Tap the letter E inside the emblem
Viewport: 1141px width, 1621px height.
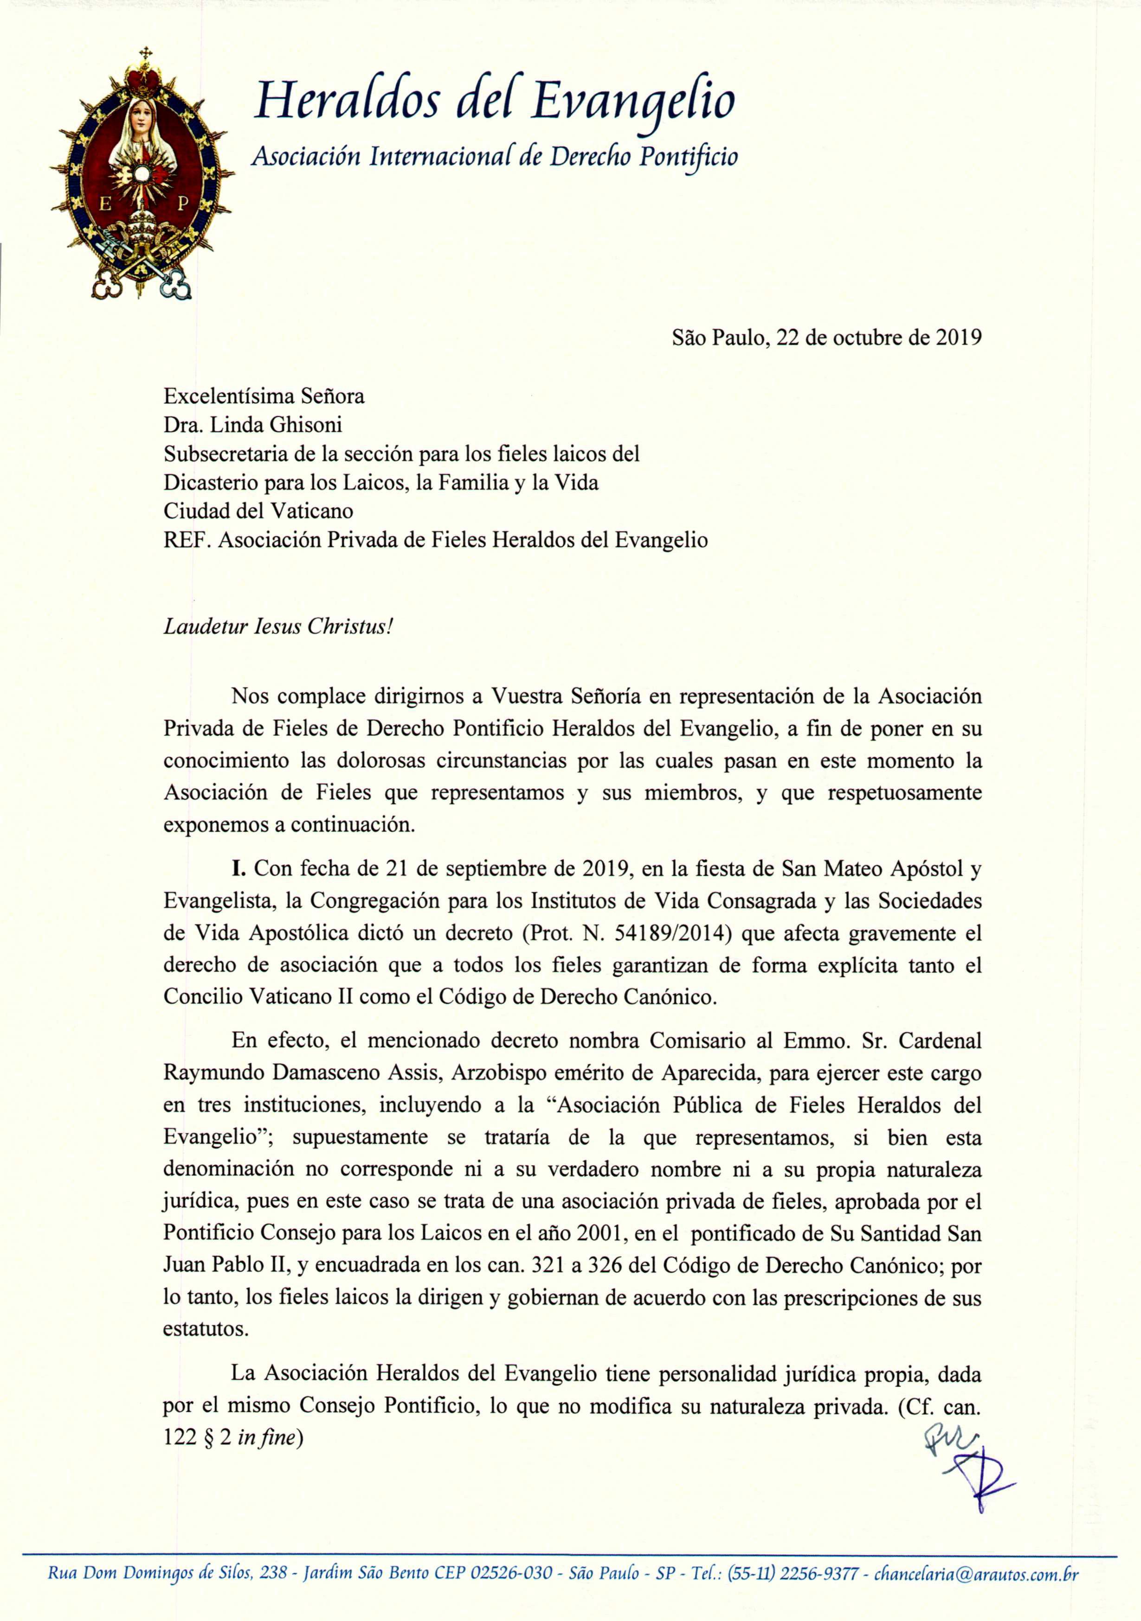(x=105, y=205)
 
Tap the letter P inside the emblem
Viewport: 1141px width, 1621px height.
(x=183, y=205)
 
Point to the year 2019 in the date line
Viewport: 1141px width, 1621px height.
(x=959, y=338)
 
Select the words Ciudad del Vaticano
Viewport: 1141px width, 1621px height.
(x=258, y=511)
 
